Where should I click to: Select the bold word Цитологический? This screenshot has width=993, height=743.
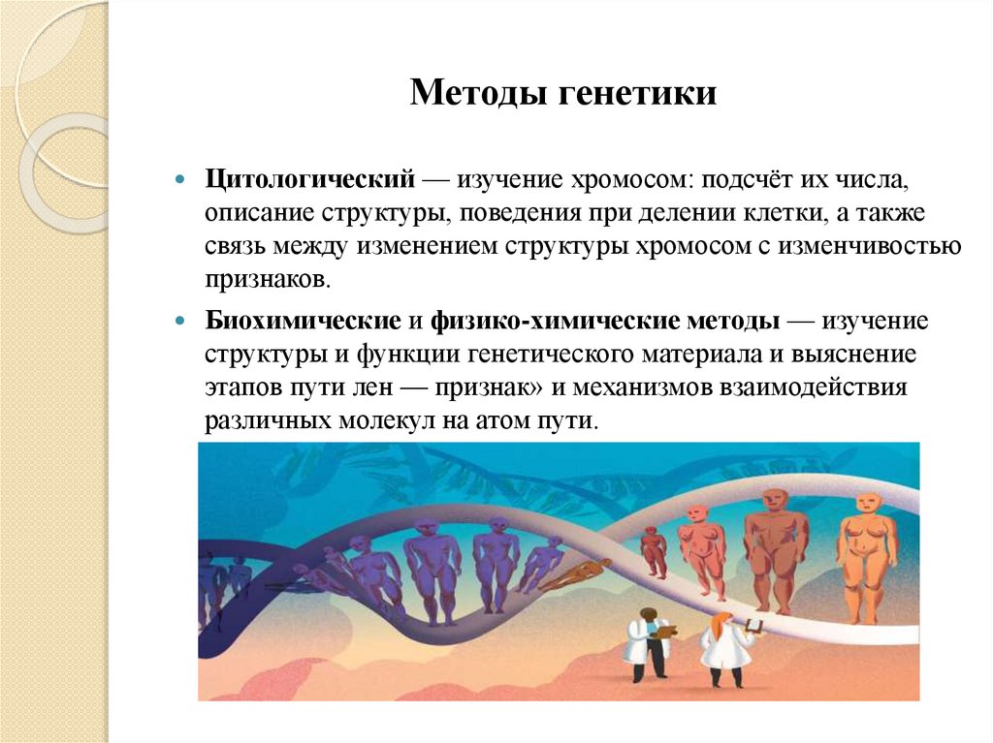tap(310, 180)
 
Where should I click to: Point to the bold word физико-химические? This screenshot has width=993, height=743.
tap(505, 320)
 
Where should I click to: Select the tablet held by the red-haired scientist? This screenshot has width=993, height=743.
tap(749, 628)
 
